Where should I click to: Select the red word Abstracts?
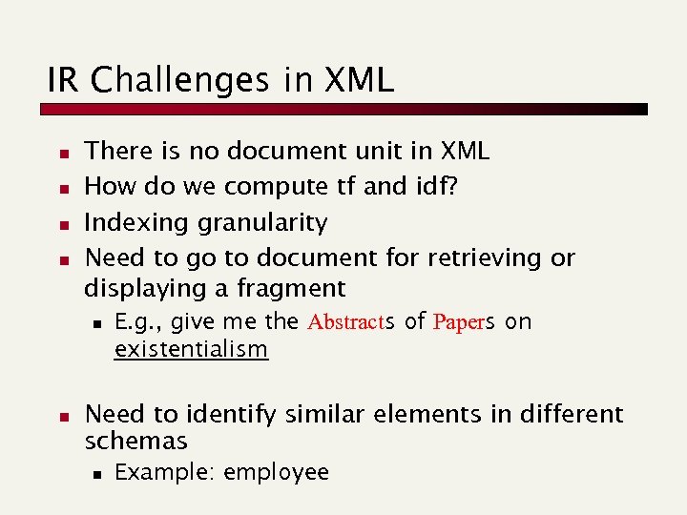[x=348, y=321]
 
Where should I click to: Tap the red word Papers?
[x=464, y=321]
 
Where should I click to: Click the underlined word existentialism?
[x=191, y=349]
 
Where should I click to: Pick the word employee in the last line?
[x=276, y=472]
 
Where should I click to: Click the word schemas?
[x=135, y=441]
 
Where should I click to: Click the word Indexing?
[x=137, y=223]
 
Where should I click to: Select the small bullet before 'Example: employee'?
[x=97, y=473]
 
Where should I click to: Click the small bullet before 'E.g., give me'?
[x=97, y=323]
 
